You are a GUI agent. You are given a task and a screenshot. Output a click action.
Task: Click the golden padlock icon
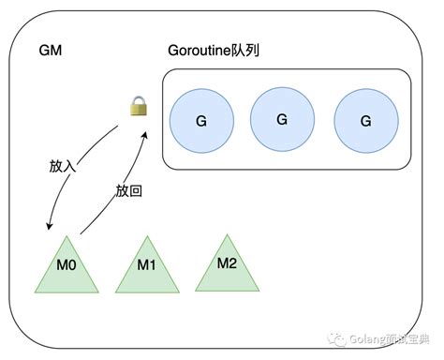(x=140, y=108)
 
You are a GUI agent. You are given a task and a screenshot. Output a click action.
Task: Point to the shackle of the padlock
(x=140, y=101)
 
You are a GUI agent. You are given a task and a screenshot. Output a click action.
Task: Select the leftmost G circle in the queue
(x=200, y=121)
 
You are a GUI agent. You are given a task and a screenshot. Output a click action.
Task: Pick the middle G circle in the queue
(x=282, y=117)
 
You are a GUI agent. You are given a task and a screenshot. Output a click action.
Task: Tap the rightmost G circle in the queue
(x=364, y=121)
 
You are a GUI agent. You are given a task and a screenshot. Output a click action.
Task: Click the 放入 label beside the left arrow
(x=63, y=166)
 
